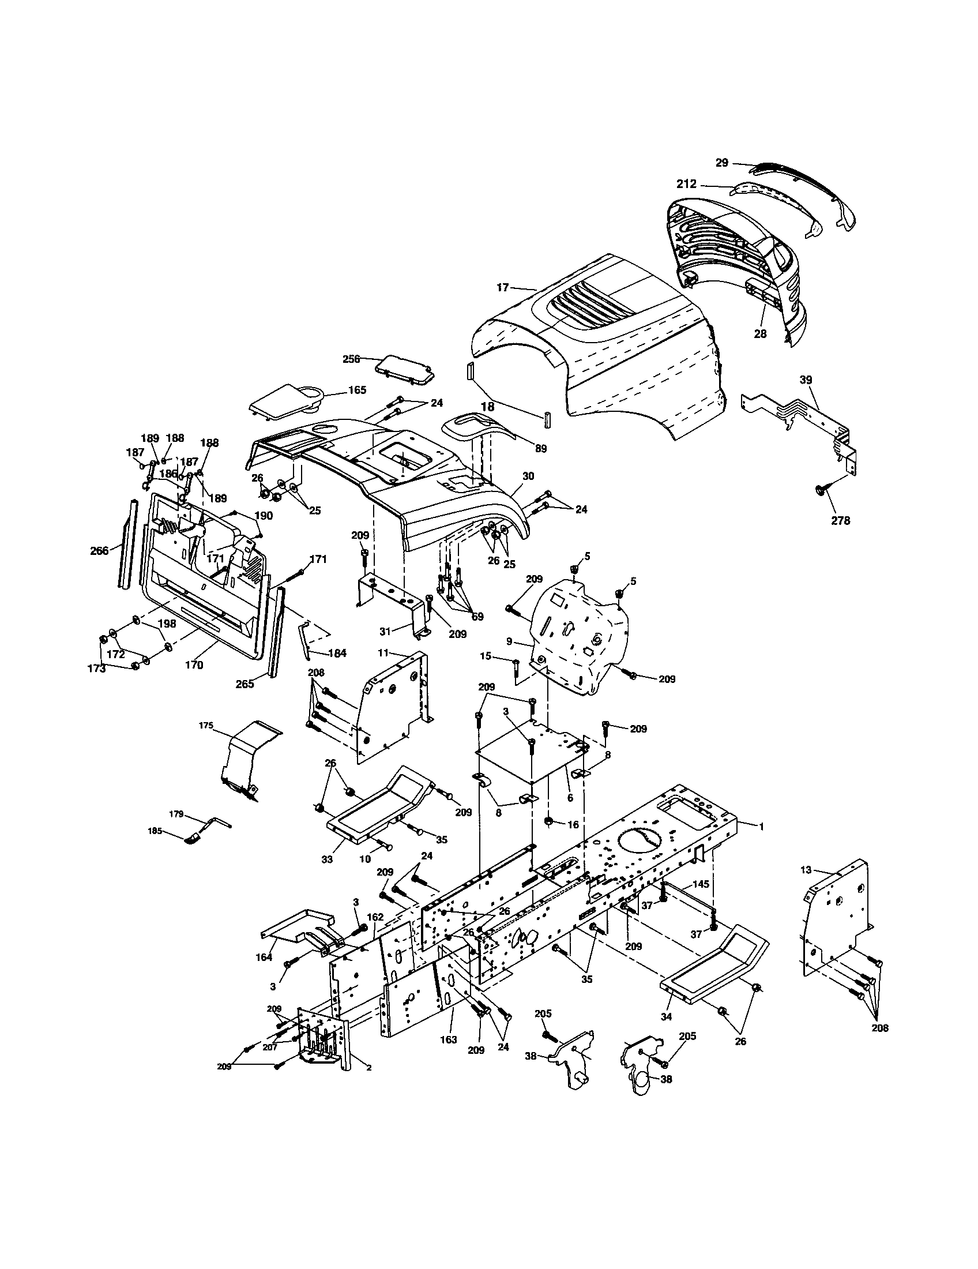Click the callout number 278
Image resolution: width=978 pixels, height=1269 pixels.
point(840,521)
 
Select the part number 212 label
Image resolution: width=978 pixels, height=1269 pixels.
point(686,185)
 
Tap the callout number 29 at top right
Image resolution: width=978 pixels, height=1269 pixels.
point(721,163)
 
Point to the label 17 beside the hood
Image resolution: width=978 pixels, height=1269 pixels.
point(502,287)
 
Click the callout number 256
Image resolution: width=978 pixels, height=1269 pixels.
point(351,359)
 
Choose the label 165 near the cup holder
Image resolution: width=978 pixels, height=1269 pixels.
point(357,390)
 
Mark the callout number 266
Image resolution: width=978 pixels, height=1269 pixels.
point(99,551)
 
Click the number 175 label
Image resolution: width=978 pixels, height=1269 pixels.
point(206,726)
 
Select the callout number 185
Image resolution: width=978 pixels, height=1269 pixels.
point(155,831)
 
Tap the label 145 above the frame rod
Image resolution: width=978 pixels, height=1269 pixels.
point(701,884)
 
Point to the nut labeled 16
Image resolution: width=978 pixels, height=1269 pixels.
point(548,821)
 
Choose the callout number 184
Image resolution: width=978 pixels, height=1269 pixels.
point(337,653)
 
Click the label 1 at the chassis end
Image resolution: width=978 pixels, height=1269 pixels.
point(761,825)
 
